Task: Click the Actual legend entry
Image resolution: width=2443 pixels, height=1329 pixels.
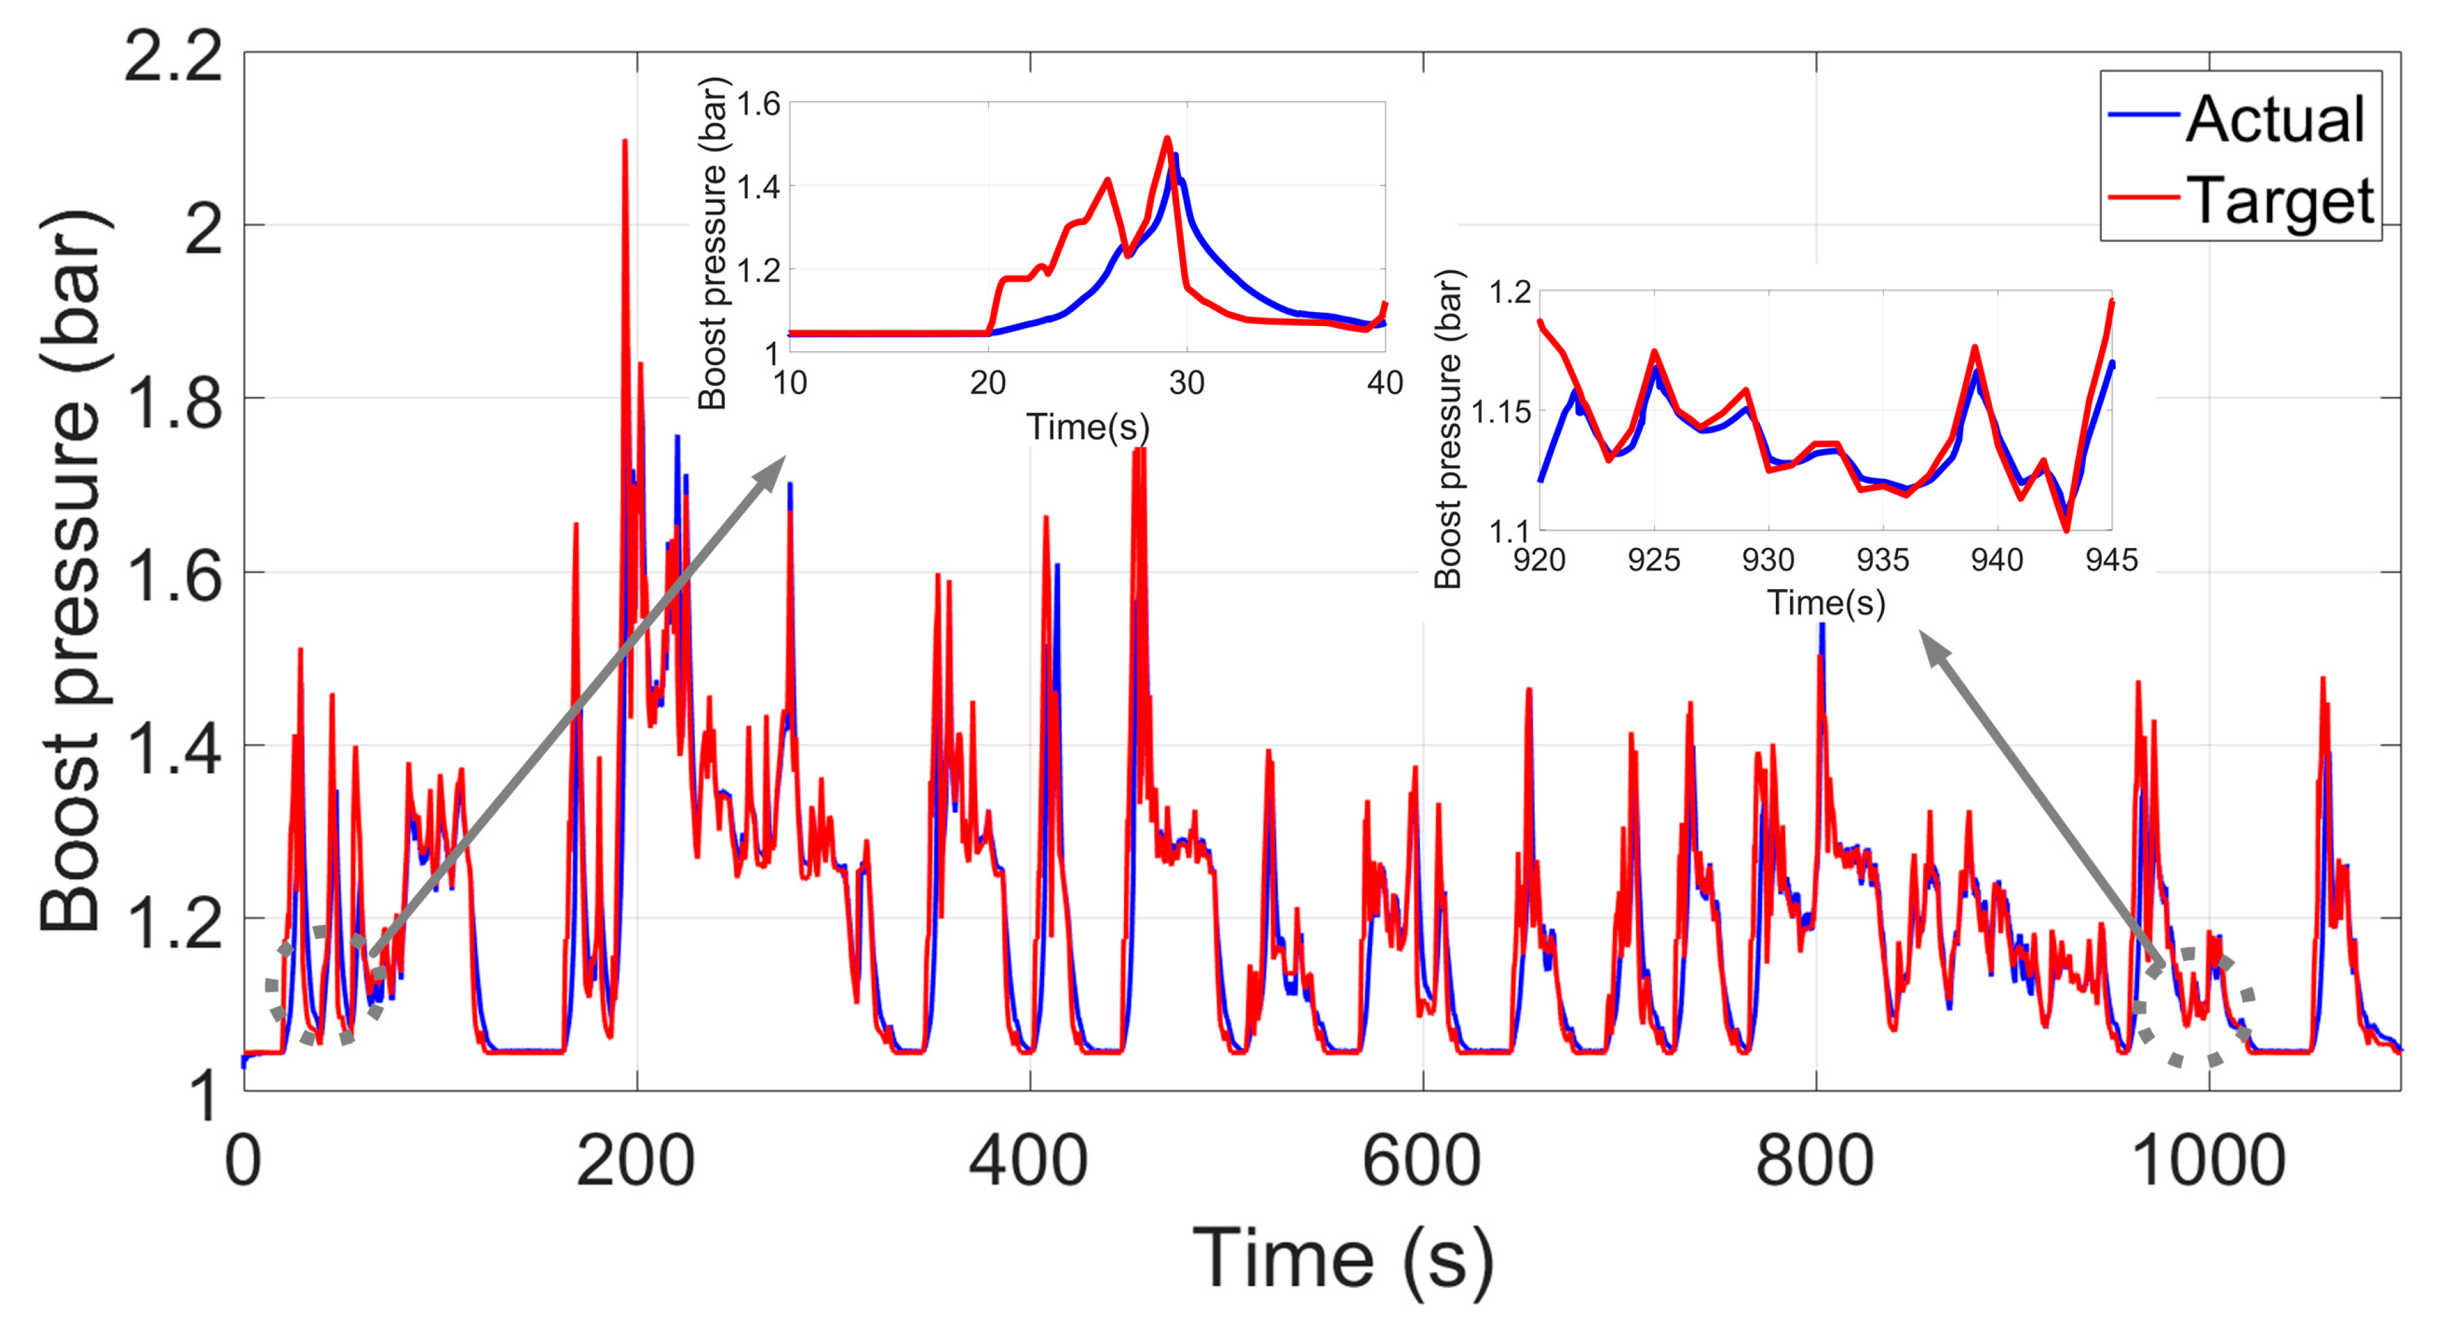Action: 2274,119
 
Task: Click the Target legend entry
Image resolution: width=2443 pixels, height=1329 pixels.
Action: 2279,201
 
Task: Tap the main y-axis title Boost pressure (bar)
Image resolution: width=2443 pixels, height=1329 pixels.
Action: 71,569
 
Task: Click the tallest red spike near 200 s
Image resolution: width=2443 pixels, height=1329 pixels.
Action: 625,142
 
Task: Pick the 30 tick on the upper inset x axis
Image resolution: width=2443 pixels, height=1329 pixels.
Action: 1186,383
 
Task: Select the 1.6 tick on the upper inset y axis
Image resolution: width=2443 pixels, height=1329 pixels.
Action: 758,103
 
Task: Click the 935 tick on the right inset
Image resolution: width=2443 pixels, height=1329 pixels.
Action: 1883,560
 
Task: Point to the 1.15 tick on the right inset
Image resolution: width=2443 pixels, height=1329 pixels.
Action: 1500,411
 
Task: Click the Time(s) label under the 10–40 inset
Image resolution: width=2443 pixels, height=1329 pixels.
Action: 1088,427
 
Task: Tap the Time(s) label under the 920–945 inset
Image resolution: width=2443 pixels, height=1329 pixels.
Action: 1826,604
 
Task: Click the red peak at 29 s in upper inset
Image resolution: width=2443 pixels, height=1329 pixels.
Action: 1167,138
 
